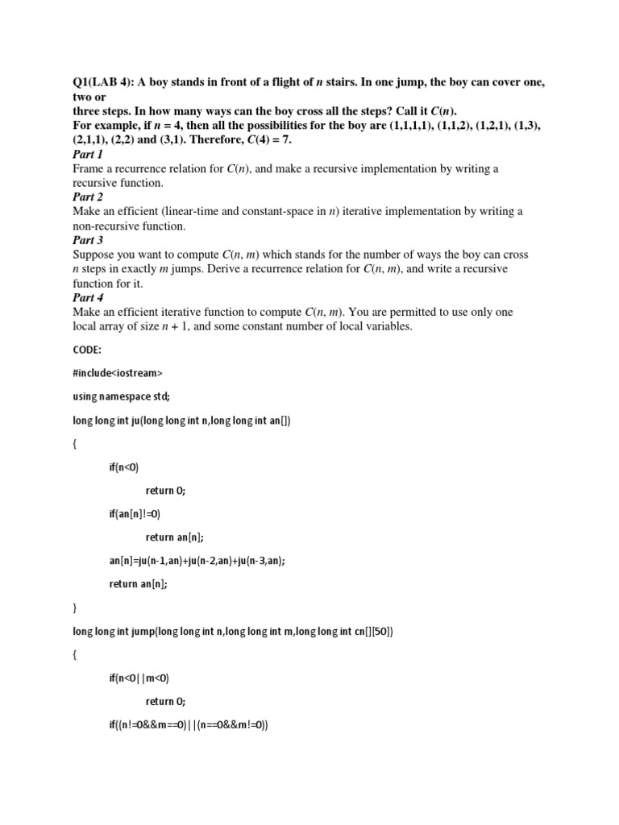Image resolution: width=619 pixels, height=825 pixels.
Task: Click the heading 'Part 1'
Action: click(x=87, y=154)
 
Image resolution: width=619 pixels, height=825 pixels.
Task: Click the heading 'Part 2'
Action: click(x=87, y=197)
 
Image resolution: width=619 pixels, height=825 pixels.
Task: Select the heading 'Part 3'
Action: click(x=87, y=240)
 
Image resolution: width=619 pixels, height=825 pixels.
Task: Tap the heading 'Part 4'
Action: click(x=88, y=297)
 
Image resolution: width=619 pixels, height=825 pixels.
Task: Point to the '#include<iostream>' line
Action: click(x=117, y=373)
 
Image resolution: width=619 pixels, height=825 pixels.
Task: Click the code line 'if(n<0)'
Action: click(x=127, y=466)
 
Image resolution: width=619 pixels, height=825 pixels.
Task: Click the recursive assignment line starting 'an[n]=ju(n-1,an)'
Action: click(x=197, y=561)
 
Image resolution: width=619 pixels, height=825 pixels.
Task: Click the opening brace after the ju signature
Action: click(x=75, y=443)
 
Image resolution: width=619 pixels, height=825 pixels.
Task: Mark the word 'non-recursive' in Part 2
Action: click(x=108, y=226)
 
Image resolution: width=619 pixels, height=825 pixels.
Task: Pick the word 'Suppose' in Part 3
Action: click(x=93, y=255)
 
